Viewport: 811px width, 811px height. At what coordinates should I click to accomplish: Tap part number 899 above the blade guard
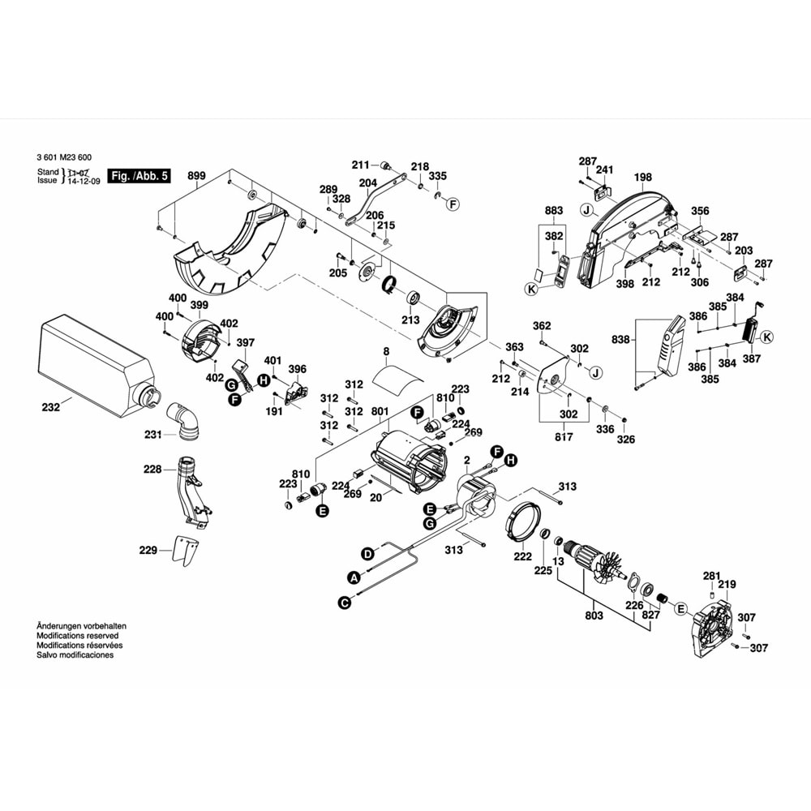tap(196, 176)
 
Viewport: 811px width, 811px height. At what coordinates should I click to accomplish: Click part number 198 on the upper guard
tap(643, 177)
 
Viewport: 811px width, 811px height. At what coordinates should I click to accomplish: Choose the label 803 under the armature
tap(594, 616)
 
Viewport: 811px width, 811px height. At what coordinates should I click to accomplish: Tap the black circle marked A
tap(353, 577)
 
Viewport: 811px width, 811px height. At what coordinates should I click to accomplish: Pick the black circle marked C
tap(345, 602)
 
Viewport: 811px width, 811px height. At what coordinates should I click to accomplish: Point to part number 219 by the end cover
tap(727, 584)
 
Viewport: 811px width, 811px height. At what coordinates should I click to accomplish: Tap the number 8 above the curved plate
tap(387, 351)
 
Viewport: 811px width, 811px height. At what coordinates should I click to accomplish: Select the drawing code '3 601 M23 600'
tap(64, 157)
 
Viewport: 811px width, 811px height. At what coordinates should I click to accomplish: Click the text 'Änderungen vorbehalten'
tap(81, 626)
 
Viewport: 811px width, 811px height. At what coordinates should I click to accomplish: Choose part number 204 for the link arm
tap(367, 182)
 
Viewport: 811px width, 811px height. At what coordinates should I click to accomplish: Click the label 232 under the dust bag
tap(50, 408)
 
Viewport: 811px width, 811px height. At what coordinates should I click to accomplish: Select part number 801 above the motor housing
tap(381, 411)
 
